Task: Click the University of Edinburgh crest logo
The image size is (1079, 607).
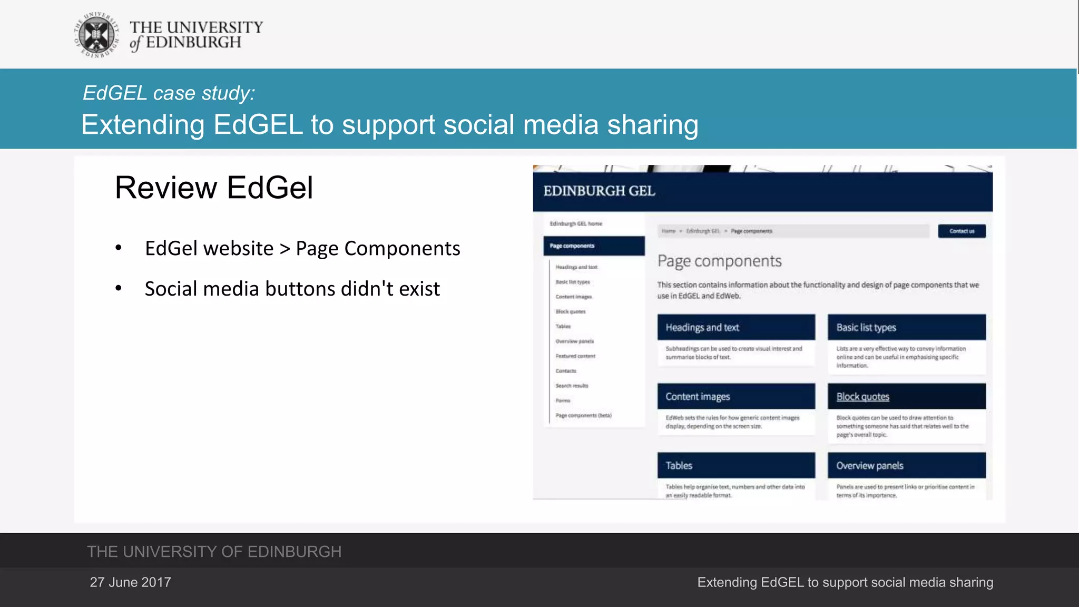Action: [96, 35]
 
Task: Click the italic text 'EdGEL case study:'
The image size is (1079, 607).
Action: [169, 93]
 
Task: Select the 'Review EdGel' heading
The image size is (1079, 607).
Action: [214, 188]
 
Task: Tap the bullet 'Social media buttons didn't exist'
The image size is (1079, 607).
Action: [292, 289]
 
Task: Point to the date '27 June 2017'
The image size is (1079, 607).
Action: [130, 582]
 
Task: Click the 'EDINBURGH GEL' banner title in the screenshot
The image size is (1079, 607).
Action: [599, 191]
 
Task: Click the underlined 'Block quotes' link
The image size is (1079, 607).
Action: [862, 397]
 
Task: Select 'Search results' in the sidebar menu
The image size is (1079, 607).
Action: [572, 386]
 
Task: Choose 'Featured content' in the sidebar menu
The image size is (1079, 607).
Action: [575, 356]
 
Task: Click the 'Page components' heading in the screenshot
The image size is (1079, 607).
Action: [719, 261]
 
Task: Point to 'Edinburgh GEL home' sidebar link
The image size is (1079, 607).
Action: [576, 224]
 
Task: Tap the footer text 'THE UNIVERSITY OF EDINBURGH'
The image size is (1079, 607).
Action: [214, 552]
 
